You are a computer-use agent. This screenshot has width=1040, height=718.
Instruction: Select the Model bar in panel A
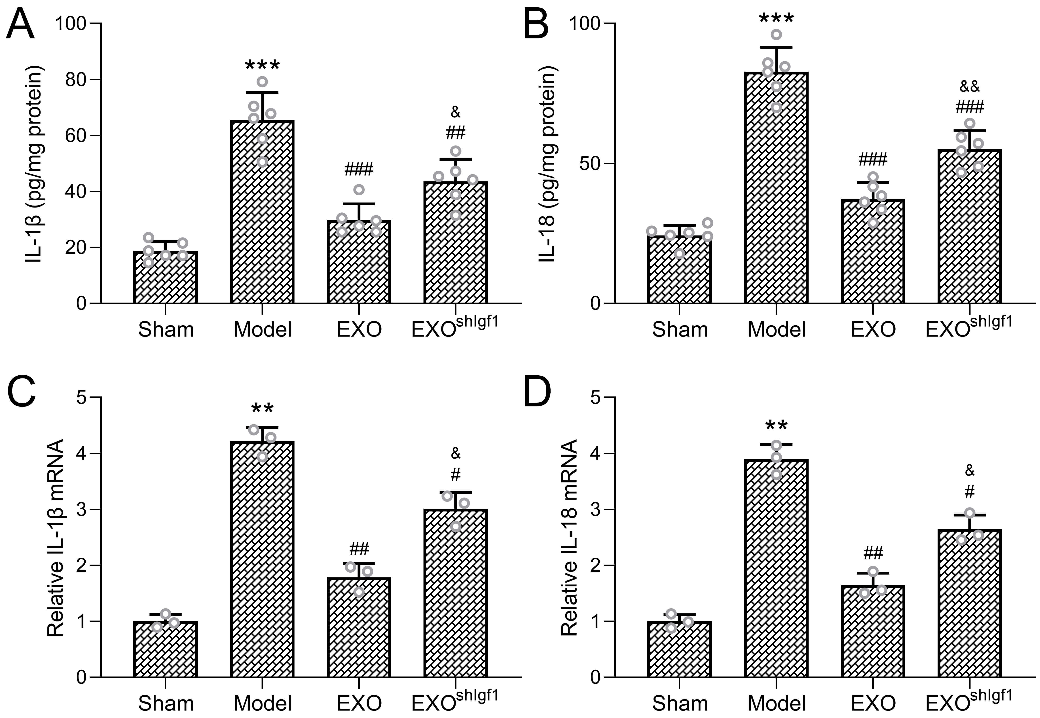tap(262, 212)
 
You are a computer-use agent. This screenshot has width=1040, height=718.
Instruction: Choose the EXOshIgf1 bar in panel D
tap(969, 603)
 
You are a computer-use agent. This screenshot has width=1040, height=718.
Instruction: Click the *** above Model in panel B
tap(776, 19)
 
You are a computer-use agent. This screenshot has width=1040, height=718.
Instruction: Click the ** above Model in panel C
tap(262, 409)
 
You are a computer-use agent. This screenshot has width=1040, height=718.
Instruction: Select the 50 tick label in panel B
tap(590, 163)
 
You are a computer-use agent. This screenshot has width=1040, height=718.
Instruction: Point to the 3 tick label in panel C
tap(81, 509)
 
